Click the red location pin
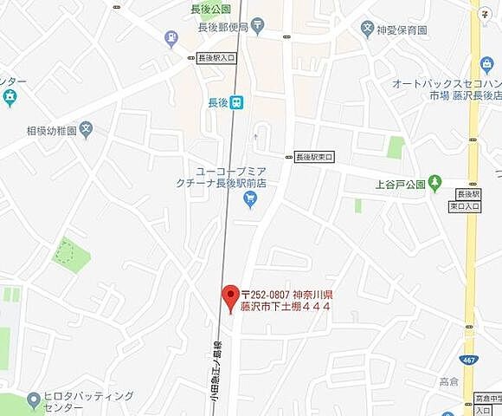coord(230,296)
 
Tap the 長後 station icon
coord(237,101)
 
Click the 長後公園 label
coord(211,10)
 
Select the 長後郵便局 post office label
coord(223,27)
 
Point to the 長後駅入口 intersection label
coord(216,58)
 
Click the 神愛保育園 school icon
coord(369,29)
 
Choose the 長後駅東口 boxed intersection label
coord(315,157)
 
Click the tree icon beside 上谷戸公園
coord(434,183)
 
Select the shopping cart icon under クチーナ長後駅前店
coord(250,200)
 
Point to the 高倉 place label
coord(448,381)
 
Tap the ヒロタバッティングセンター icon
coord(34,400)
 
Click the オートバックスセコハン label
coord(446,83)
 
